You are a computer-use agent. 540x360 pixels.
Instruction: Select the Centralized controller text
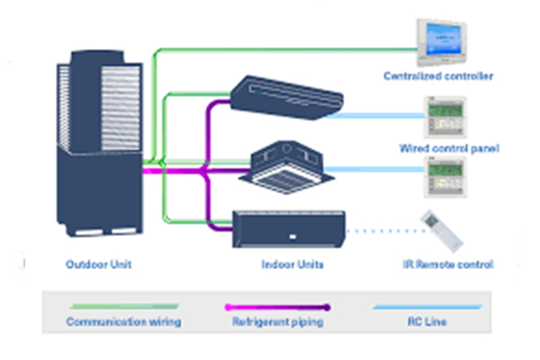[439, 76]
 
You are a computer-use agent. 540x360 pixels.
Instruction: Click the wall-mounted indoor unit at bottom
[288, 229]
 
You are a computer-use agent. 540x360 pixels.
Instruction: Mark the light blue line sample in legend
[428, 307]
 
